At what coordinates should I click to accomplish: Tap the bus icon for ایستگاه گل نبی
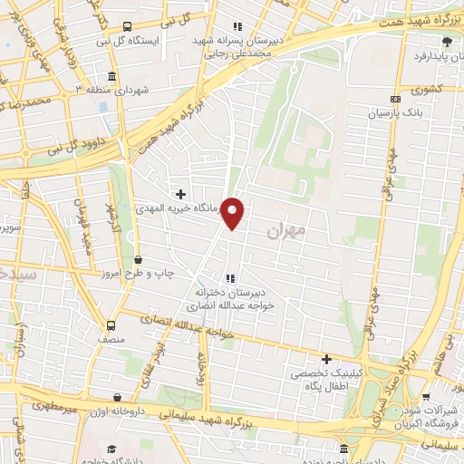coord(127,26)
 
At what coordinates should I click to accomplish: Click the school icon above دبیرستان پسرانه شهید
coord(237,26)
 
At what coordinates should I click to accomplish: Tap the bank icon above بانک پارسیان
coord(394,99)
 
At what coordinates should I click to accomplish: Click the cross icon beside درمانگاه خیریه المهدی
coord(181,193)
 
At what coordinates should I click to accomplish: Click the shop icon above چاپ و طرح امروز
coord(137,259)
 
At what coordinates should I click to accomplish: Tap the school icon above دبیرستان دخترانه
coord(231,277)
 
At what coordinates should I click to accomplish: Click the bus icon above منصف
coord(111,325)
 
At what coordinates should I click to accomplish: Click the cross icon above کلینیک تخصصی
coord(326,359)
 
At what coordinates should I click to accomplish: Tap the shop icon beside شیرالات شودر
coord(428,396)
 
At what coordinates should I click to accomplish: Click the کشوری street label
coord(423,90)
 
